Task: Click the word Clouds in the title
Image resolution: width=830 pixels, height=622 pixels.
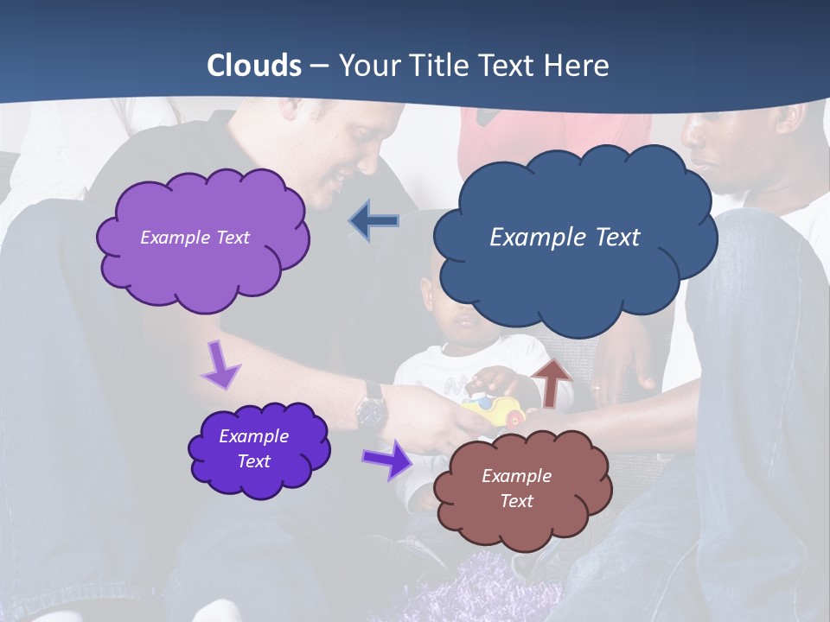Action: click(254, 66)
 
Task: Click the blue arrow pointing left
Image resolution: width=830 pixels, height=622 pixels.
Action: click(374, 221)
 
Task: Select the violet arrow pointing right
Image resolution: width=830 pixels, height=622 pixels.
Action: click(386, 459)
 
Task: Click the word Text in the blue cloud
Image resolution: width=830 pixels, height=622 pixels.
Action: click(610, 238)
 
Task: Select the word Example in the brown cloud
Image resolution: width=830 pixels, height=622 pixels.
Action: click(516, 476)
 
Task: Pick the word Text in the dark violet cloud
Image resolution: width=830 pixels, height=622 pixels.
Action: click(253, 461)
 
